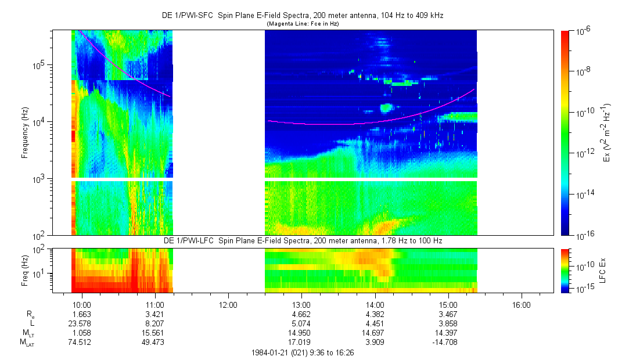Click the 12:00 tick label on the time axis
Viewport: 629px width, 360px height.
click(228, 304)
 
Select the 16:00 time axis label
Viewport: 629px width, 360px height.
click(522, 304)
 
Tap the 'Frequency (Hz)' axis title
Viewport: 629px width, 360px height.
click(24, 133)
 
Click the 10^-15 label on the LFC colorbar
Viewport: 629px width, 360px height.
click(583, 289)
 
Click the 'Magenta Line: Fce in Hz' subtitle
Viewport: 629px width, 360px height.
click(303, 24)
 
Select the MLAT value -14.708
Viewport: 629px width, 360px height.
click(448, 341)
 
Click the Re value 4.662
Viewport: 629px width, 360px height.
click(301, 314)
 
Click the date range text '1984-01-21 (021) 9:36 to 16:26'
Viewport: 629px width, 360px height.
click(303, 352)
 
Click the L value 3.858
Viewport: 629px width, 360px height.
click(448, 323)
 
